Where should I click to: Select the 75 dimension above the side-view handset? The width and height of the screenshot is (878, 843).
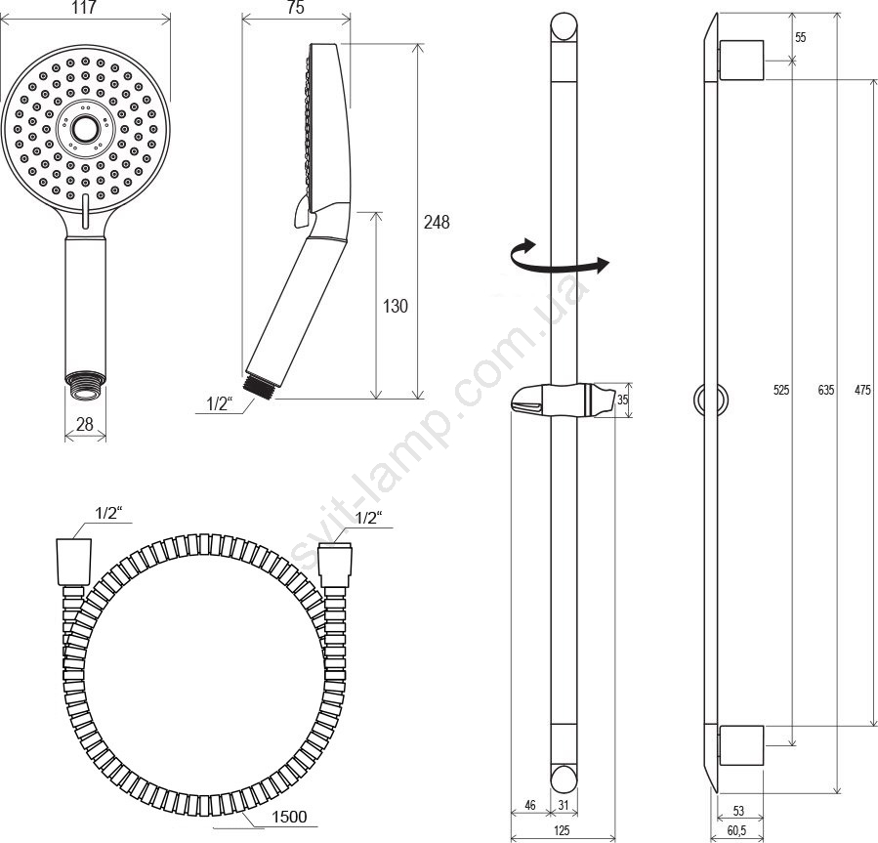coord(296,8)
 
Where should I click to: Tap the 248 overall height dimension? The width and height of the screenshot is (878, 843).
coord(437,223)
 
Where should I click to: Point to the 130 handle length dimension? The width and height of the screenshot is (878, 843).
coord(396,306)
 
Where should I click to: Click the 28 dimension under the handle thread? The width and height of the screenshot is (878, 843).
coord(85,424)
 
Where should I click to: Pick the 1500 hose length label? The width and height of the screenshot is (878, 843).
coord(289,818)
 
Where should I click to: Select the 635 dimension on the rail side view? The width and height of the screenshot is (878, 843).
coord(826,390)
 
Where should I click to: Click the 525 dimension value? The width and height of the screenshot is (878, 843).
coord(781,390)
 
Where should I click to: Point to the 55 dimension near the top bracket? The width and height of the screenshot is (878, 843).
coord(801,37)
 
